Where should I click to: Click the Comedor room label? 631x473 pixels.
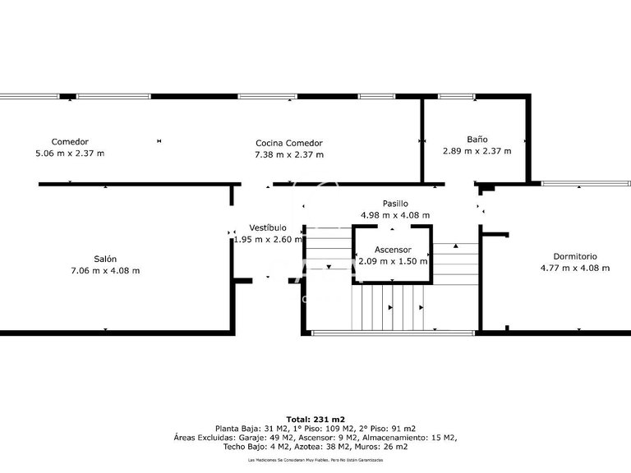pyautogui.click(x=70, y=141)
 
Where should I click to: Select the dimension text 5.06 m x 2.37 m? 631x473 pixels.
pyautogui.click(x=70, y=153)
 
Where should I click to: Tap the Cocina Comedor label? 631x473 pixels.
pyautogui.click(x=289, y=143)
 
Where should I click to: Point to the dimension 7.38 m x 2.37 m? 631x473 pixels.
pyautogui.click(x=289, y=154)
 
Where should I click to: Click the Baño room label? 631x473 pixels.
pyautogui.click(x=477, y=140)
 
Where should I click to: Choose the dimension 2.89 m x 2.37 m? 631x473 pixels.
pyautogui.click(x=477, y=151)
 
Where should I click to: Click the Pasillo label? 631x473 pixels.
pyautogui.click(x=395, y=204)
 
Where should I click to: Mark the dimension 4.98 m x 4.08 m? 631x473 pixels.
pyautogui.click(x=395, y=215)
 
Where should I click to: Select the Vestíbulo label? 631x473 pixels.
pyautogui.click(x=268, y=227)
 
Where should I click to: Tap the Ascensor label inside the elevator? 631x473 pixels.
pyautogui.click(x=393, y=250)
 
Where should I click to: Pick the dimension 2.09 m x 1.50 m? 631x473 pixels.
pyautogui.click(x=393, y=261)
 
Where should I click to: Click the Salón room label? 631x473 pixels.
pyautogui.click(x=105, y=259)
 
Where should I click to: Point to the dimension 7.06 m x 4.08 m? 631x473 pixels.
pyautogui.click(x=105, y=270)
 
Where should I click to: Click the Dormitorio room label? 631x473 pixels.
pyautogui.click(x=575, y=256)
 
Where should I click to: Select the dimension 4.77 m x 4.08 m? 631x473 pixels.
pyautogui.click(x=575, y=268)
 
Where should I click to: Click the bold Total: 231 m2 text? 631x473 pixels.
pyautogui.click(x=315, y=419)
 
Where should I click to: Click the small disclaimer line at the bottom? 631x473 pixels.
pyautogui.click(x=315, y=461)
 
